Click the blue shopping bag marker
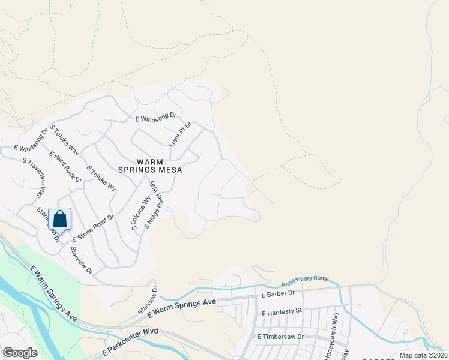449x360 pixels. click(59, 218)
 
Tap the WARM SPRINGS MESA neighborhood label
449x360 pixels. click(158, 166)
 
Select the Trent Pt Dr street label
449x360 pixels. click(180, 134)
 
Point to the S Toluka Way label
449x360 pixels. click(65, 139)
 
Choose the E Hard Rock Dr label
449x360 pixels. click(66, 167)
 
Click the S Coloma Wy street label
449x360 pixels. click(142, 214)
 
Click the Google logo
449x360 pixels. click(20, 353)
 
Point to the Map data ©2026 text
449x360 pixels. click(423, 355)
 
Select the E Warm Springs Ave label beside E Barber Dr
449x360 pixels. click(182, 308)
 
